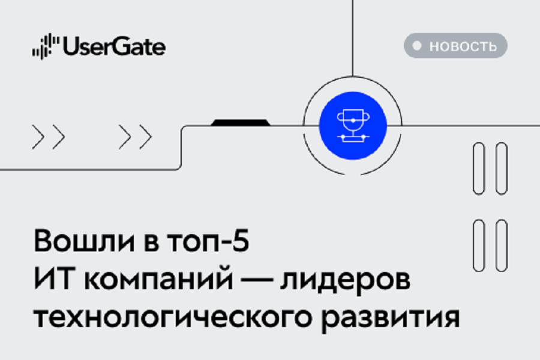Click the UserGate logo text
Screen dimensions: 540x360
[114, 47]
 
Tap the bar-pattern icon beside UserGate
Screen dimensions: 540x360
[46, 46]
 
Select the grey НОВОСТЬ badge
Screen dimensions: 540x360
[455, 46]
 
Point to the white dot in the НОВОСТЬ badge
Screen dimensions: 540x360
[417, 46]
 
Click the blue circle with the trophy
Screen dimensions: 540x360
[353, 126]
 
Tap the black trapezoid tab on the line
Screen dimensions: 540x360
[241, 122]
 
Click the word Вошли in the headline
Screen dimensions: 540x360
[84, 241]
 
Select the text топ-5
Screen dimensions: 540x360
[208, 241]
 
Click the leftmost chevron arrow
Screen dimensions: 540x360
[38, 137]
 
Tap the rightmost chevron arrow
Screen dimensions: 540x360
[146, 137]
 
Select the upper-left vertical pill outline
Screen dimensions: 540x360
[479, 169]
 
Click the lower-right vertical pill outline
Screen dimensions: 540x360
[502, 245]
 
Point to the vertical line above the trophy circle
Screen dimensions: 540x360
[353, 38]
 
